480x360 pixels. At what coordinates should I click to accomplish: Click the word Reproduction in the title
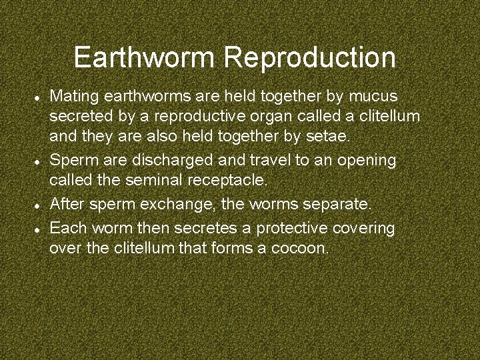coord(310,58)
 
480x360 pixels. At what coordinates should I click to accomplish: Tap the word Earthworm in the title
coord(146,57)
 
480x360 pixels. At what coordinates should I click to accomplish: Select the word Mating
coord(71,97)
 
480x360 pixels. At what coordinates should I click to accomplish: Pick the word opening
coord(367,161)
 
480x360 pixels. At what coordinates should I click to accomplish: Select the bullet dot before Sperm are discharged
coord(39,161)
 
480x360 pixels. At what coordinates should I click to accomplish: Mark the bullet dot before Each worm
coord(39,228)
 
